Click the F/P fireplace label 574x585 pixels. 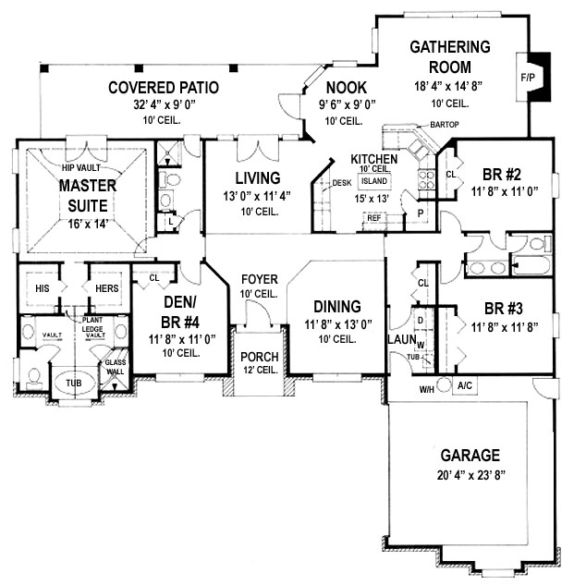coord(528,78)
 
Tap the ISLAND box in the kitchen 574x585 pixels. coord(374,181)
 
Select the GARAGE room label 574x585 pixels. coord(470,456)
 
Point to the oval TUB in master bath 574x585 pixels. coord(74,384)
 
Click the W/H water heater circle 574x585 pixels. coord(444,384)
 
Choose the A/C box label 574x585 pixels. coord(465,385)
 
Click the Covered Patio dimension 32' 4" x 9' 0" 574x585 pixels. coord(165,104)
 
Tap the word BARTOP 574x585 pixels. coord(444,125)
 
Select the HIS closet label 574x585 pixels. coord(43,288)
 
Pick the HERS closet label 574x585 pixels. coord(106,288)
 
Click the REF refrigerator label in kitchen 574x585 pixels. coord(374,218)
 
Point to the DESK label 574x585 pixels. coord(341,183)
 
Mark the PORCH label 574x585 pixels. coord(260,357)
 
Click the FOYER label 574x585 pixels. coord(260,279)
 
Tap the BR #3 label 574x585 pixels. coord(504,309)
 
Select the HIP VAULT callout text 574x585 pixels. coord(81,168)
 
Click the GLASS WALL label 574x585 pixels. coord(116,367)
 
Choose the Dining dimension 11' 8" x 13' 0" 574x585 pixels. coord(337,324)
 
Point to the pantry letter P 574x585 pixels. coord(421,213)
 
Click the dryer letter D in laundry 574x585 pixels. coord(421,320)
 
